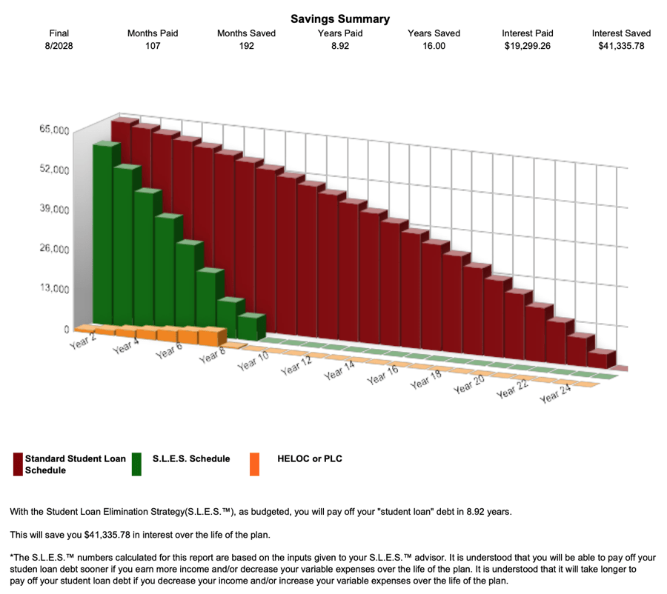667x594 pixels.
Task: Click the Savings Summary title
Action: click(x=340, y=19)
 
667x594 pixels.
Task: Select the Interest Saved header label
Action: click(x=621, y=33)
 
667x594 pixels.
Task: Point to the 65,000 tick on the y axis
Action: click(x=54, y=130)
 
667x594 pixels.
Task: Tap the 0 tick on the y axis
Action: click(x=66, y=328)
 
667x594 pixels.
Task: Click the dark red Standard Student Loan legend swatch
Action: click(x=18, y=464)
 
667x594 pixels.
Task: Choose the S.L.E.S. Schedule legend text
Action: click(x=191, y=458)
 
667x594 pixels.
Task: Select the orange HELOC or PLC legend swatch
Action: click(x=254, y=464)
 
